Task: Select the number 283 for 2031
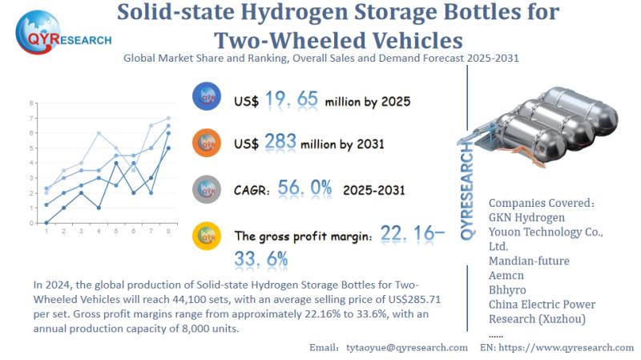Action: point(279,144)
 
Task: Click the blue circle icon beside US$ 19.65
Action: point(208,98)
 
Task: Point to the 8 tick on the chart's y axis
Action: point(31,103)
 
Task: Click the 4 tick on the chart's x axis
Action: point(99,232)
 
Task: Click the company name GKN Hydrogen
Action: point(526,217)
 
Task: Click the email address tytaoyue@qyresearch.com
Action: point(406,347)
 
